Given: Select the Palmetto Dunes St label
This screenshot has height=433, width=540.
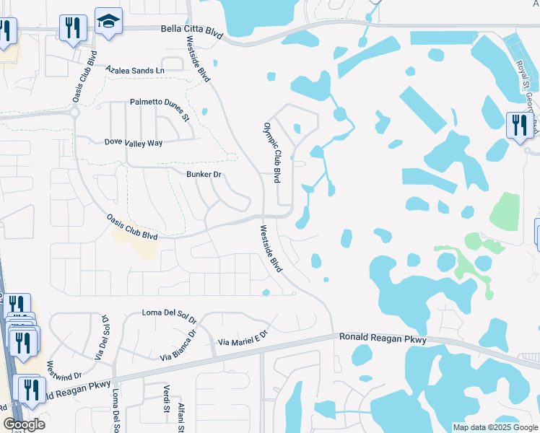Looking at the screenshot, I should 159,108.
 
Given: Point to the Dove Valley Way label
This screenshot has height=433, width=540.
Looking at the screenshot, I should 134,143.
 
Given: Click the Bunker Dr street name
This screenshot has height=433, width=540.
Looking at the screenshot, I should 204,175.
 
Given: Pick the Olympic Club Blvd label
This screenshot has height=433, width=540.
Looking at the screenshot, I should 271,152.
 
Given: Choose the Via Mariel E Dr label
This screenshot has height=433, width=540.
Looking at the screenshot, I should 243,337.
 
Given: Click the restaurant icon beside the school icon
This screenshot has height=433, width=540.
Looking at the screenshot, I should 73,28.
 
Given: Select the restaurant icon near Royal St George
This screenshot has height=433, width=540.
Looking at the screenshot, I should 519,125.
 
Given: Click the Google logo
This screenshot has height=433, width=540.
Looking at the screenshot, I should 24,424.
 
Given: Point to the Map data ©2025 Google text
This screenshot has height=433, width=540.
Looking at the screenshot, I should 495,427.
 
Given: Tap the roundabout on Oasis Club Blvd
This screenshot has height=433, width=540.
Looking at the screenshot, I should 74,113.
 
